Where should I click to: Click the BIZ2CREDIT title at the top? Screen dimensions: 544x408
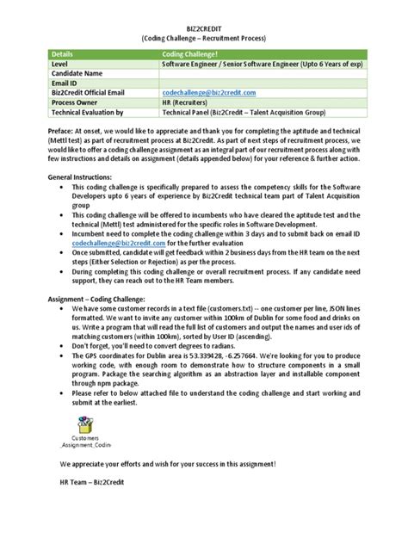[204, 28]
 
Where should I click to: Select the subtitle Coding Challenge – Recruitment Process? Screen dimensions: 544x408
[204, 39]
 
